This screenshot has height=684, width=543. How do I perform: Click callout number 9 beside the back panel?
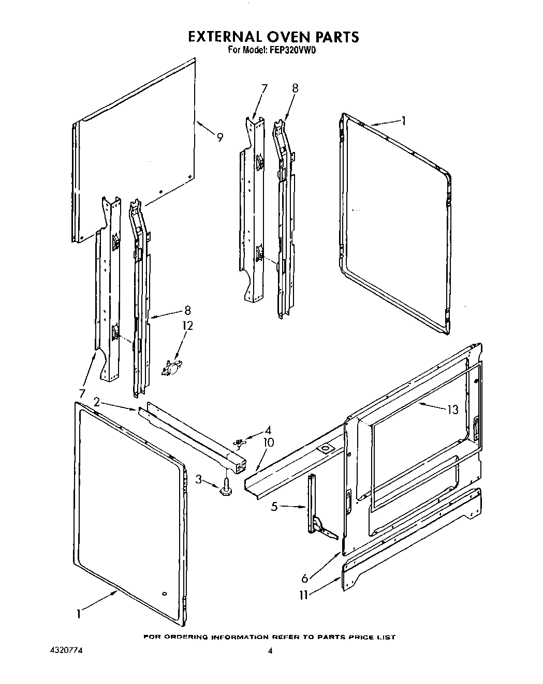click(220, 138)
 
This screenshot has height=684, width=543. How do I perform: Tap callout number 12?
click(187, 326)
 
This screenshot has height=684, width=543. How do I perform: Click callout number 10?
click(269, 443)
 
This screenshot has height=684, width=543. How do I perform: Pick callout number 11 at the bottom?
click(304, 595)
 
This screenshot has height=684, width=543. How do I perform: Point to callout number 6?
click(305, 579)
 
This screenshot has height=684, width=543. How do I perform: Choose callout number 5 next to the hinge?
click(274, 507)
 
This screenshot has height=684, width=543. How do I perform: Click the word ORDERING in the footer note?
click(187, 637)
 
